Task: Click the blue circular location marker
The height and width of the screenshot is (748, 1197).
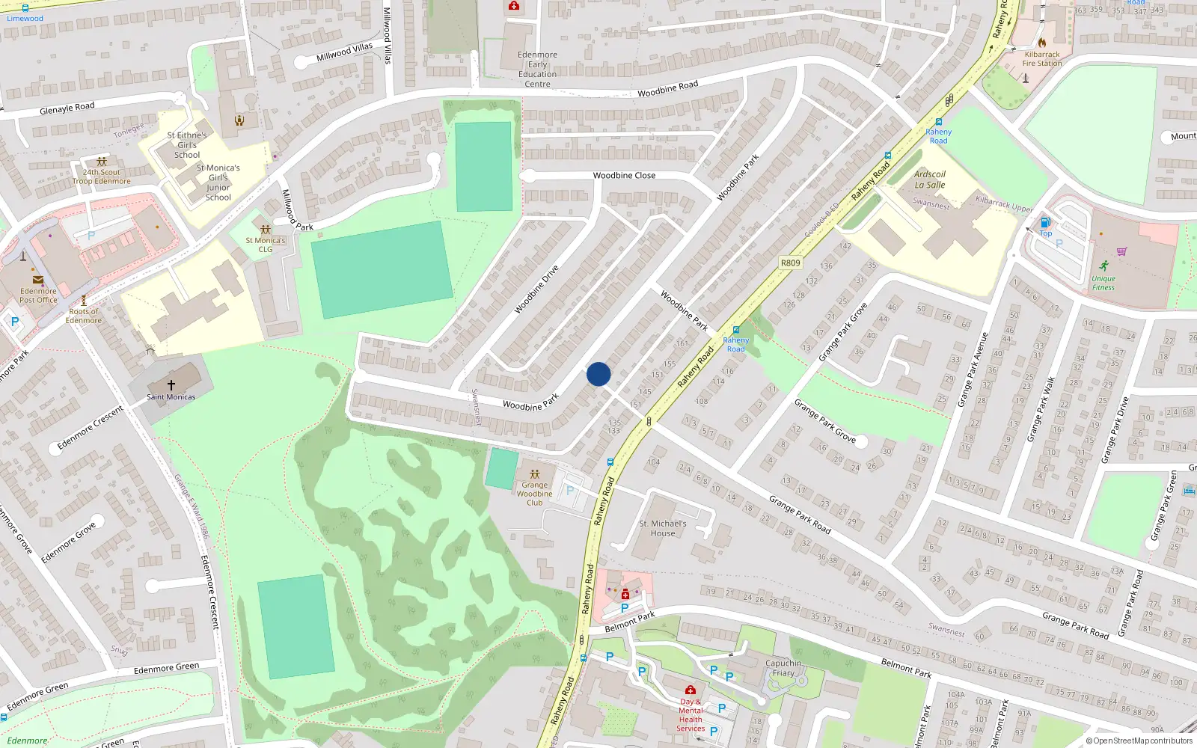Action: [598, 374]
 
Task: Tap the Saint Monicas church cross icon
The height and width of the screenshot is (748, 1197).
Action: [171, 384]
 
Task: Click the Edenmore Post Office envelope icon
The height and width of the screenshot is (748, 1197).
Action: [38, 280]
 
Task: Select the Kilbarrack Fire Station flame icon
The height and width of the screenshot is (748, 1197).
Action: [1042, 43]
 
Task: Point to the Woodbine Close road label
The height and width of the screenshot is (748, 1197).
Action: [624, 175]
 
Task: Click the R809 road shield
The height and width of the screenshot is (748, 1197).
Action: [790, 263]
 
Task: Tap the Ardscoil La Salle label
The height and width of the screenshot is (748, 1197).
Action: [930, 180]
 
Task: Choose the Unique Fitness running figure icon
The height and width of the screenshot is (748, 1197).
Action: [1104, 266]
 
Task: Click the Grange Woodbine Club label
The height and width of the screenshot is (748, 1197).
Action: [534, 494]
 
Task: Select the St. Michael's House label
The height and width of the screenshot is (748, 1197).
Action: [662, 528]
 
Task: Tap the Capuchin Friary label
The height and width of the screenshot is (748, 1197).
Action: [783, 668]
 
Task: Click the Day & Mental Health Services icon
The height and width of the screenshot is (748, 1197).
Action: [691, 690]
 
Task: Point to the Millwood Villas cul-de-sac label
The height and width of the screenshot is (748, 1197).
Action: [344, 52]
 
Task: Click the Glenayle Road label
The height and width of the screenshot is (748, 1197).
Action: [67, 108]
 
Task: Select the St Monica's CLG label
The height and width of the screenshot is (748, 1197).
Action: [266, 245]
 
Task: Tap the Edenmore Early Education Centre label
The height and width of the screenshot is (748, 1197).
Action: [537, 69]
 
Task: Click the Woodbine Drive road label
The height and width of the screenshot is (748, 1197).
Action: [536, 289]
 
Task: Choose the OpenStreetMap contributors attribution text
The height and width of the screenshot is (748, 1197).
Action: [1139, 741]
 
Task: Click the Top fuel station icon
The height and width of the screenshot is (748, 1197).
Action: [1045, 222]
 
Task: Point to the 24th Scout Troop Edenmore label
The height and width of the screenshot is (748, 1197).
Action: [102, 177]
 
